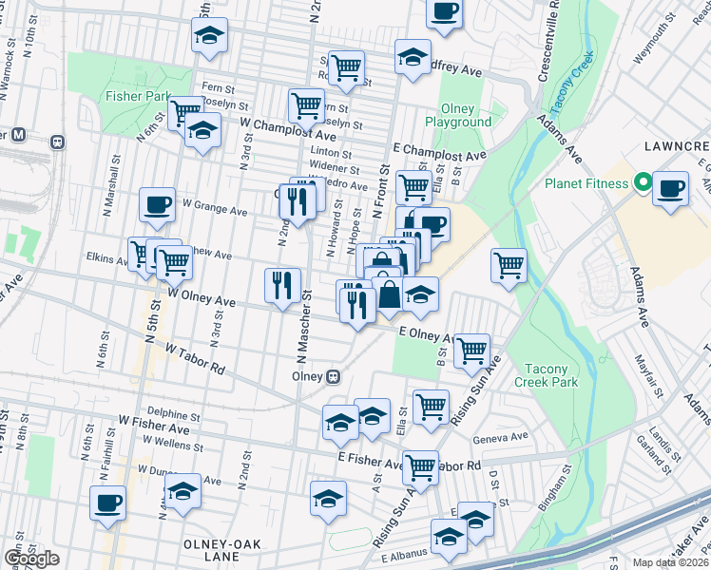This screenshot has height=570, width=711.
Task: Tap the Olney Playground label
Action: [465, 116]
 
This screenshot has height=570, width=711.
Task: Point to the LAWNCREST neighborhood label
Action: [676, 146]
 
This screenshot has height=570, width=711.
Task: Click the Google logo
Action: [31, 559]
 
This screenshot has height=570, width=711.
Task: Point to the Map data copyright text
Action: [671, 562]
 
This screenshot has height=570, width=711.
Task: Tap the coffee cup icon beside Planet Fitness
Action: [671, 188]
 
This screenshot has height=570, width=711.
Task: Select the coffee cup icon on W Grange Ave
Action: [157, 203]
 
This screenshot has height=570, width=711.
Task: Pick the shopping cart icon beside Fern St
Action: [347, 66]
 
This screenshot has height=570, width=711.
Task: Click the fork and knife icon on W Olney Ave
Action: [282, 286]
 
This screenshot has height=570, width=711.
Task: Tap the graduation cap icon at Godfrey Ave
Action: [413, 56]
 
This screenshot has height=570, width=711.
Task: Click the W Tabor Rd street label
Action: [195, 360]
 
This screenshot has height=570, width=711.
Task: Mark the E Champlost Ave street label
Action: [439, 153]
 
